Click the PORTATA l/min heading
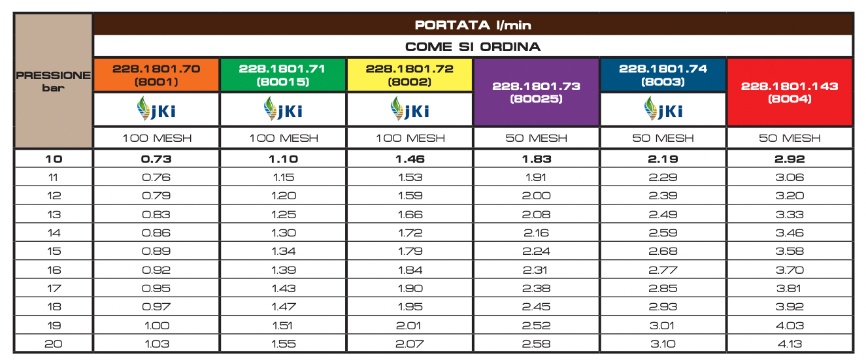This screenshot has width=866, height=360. (x=473, y=25)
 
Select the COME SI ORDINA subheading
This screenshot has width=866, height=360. (x=473, y=47)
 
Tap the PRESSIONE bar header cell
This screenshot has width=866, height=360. (x=54, y=81)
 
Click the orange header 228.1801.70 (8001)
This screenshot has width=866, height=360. (x=156, y=75)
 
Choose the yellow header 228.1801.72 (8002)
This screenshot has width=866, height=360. (x=409, y=75)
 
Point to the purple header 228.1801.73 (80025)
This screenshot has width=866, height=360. (x=536, y=92)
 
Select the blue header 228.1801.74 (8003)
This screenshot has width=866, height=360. (x=662, y=75)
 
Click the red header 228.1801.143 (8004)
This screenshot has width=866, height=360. (x=790, y=92)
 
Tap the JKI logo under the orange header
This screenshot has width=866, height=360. (x=156, y=109)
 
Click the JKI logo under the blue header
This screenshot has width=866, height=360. (x=662, y=109)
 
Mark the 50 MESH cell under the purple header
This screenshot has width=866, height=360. (x=536, y=138)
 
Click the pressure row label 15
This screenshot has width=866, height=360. (x=54, y=252)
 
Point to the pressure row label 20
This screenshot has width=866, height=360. (x=54, y=344)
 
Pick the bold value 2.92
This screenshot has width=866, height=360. (x=790, y=159)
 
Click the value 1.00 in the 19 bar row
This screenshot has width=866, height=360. (x=156, y=325)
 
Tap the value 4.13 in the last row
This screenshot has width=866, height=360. (x=790, y=344)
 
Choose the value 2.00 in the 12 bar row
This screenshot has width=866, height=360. (x=536, y=196)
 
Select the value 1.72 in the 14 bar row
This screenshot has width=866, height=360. (x=409, y=233)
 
